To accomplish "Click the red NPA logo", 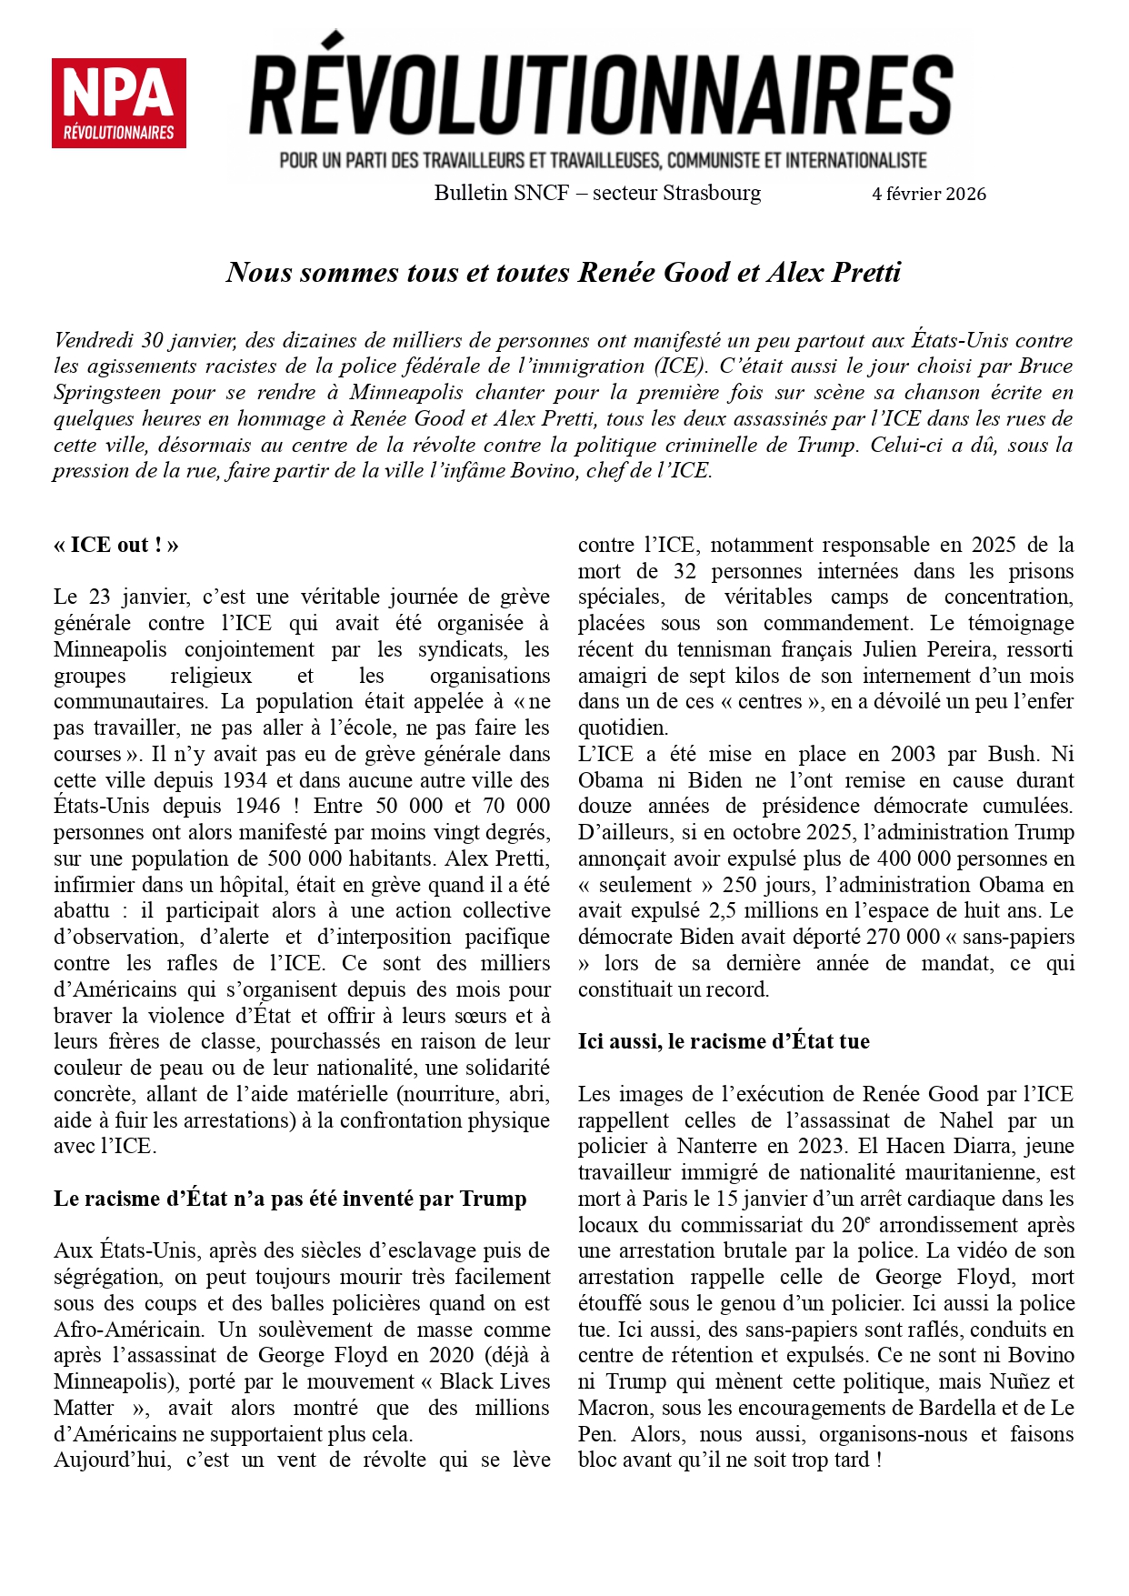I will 119,104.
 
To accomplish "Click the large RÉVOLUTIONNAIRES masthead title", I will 601,95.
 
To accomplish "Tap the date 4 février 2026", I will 928,194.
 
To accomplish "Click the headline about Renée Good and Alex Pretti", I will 564,272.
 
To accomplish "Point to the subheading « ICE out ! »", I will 115,545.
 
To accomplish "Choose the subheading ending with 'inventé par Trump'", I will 290,1199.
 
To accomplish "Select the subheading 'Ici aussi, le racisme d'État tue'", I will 724,1041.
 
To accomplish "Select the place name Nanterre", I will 717,1147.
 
